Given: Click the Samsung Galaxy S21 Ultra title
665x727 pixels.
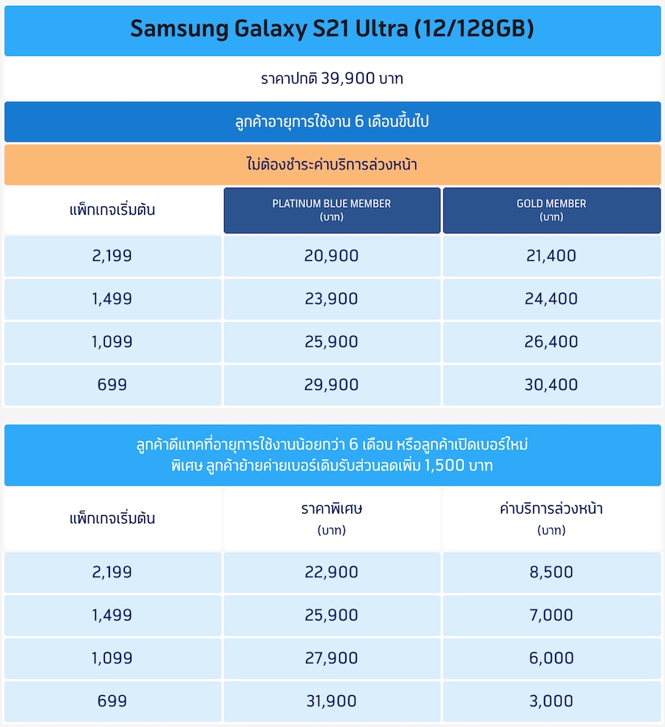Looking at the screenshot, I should tap(332, 30).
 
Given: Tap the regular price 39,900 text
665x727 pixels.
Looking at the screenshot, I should tap(332, 78).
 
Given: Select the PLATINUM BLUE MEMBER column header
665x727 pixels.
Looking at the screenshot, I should tap(332, 210).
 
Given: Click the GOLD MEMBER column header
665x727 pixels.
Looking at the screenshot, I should tap(551, 210).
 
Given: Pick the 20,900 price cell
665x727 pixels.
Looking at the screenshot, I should tap(331, 256).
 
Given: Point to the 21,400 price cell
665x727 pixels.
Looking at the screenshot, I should tap(551, 256).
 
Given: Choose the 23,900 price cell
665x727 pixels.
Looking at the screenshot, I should tap(331, 299).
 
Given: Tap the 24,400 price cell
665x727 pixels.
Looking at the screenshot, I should tap(551, 299).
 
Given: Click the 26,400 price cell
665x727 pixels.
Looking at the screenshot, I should tap(551, 342).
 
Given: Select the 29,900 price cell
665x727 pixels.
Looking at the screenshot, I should tap(331, 385).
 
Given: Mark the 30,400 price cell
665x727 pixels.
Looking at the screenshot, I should tap(551, 385).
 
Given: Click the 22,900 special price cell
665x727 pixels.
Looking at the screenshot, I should tap(331, 573).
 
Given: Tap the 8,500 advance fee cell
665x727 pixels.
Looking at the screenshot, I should tap(551, 573).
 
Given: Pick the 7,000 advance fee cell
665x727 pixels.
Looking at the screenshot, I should tap(551, 615).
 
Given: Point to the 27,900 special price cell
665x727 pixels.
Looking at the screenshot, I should tap(331, 658).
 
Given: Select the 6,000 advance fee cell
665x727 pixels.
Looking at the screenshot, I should tap(551, 658).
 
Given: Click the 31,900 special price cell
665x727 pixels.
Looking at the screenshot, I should tap(331, 701).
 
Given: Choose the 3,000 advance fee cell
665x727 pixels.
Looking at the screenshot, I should tap(551, 701).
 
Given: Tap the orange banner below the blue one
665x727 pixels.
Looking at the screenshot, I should tap(332, 165).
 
